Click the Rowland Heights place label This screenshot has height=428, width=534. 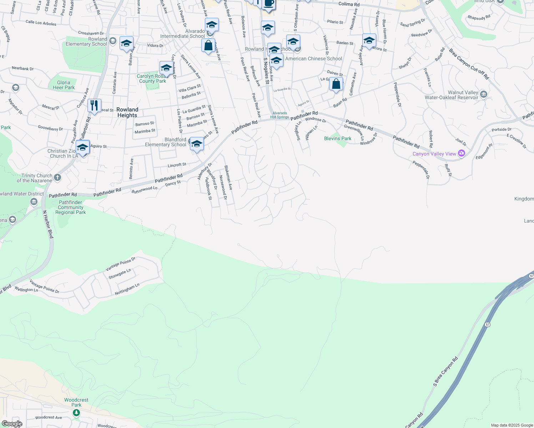click(x=127, y=112)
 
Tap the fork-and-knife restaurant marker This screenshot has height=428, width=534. click(x=94, y=106)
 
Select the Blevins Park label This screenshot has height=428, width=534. click(x=338, y=138)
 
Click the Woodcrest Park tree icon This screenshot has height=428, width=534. click(x=76, y=413)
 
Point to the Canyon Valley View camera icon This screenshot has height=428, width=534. click(x=462, y=153)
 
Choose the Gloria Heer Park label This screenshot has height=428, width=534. click(x=64, y=85)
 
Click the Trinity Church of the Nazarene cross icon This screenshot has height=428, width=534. click(x=57, y=177)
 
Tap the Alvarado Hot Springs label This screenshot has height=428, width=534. click(x=279, y=115)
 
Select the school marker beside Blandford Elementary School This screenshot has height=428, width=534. click(x=197, y=144)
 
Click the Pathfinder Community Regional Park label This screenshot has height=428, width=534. click(x=71, y=207)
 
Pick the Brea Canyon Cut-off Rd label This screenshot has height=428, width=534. click(x=469, y=64)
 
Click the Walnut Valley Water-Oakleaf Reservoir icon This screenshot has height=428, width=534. click(x=484, y=94)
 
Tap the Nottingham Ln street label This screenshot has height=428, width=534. click(x=127, y=289)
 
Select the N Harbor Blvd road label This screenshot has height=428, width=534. click(x=48, y=224)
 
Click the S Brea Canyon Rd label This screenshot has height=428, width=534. click(x=445, y=371)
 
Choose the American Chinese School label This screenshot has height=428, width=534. click(x=313, y=58)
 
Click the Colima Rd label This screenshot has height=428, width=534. click(x=349, y=4)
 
